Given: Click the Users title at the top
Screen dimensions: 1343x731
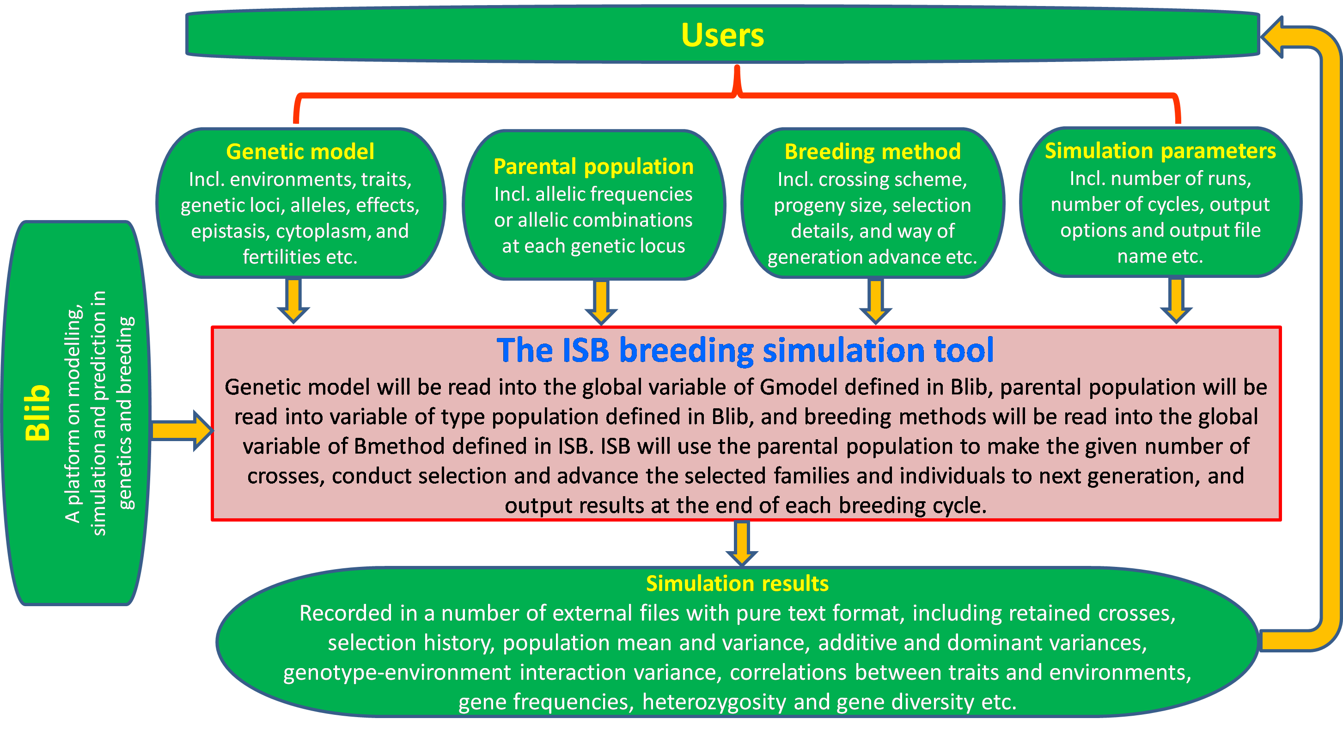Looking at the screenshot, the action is tap(723, 36).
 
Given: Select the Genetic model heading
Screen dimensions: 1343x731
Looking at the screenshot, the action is tap(300, 151).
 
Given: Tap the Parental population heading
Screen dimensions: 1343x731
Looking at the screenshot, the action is tap(593, 166).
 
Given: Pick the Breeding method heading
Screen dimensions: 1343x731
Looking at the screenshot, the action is tap(873, 151).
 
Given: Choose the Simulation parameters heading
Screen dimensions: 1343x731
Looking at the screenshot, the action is tap(1160, 150).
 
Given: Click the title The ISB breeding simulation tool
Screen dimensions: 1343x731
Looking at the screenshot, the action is tap(745, 350).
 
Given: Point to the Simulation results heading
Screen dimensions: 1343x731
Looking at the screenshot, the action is tap(737, 583).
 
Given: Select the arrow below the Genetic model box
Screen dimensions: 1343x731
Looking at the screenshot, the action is tap(293, 301).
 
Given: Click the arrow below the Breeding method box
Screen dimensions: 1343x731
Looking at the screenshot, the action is tap(875, 301).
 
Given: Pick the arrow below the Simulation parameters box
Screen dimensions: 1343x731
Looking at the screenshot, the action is tap(1176, 301).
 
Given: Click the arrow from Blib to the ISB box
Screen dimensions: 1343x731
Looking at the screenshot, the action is tap(183, 430).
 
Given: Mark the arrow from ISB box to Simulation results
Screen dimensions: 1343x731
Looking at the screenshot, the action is tap(742, 544).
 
